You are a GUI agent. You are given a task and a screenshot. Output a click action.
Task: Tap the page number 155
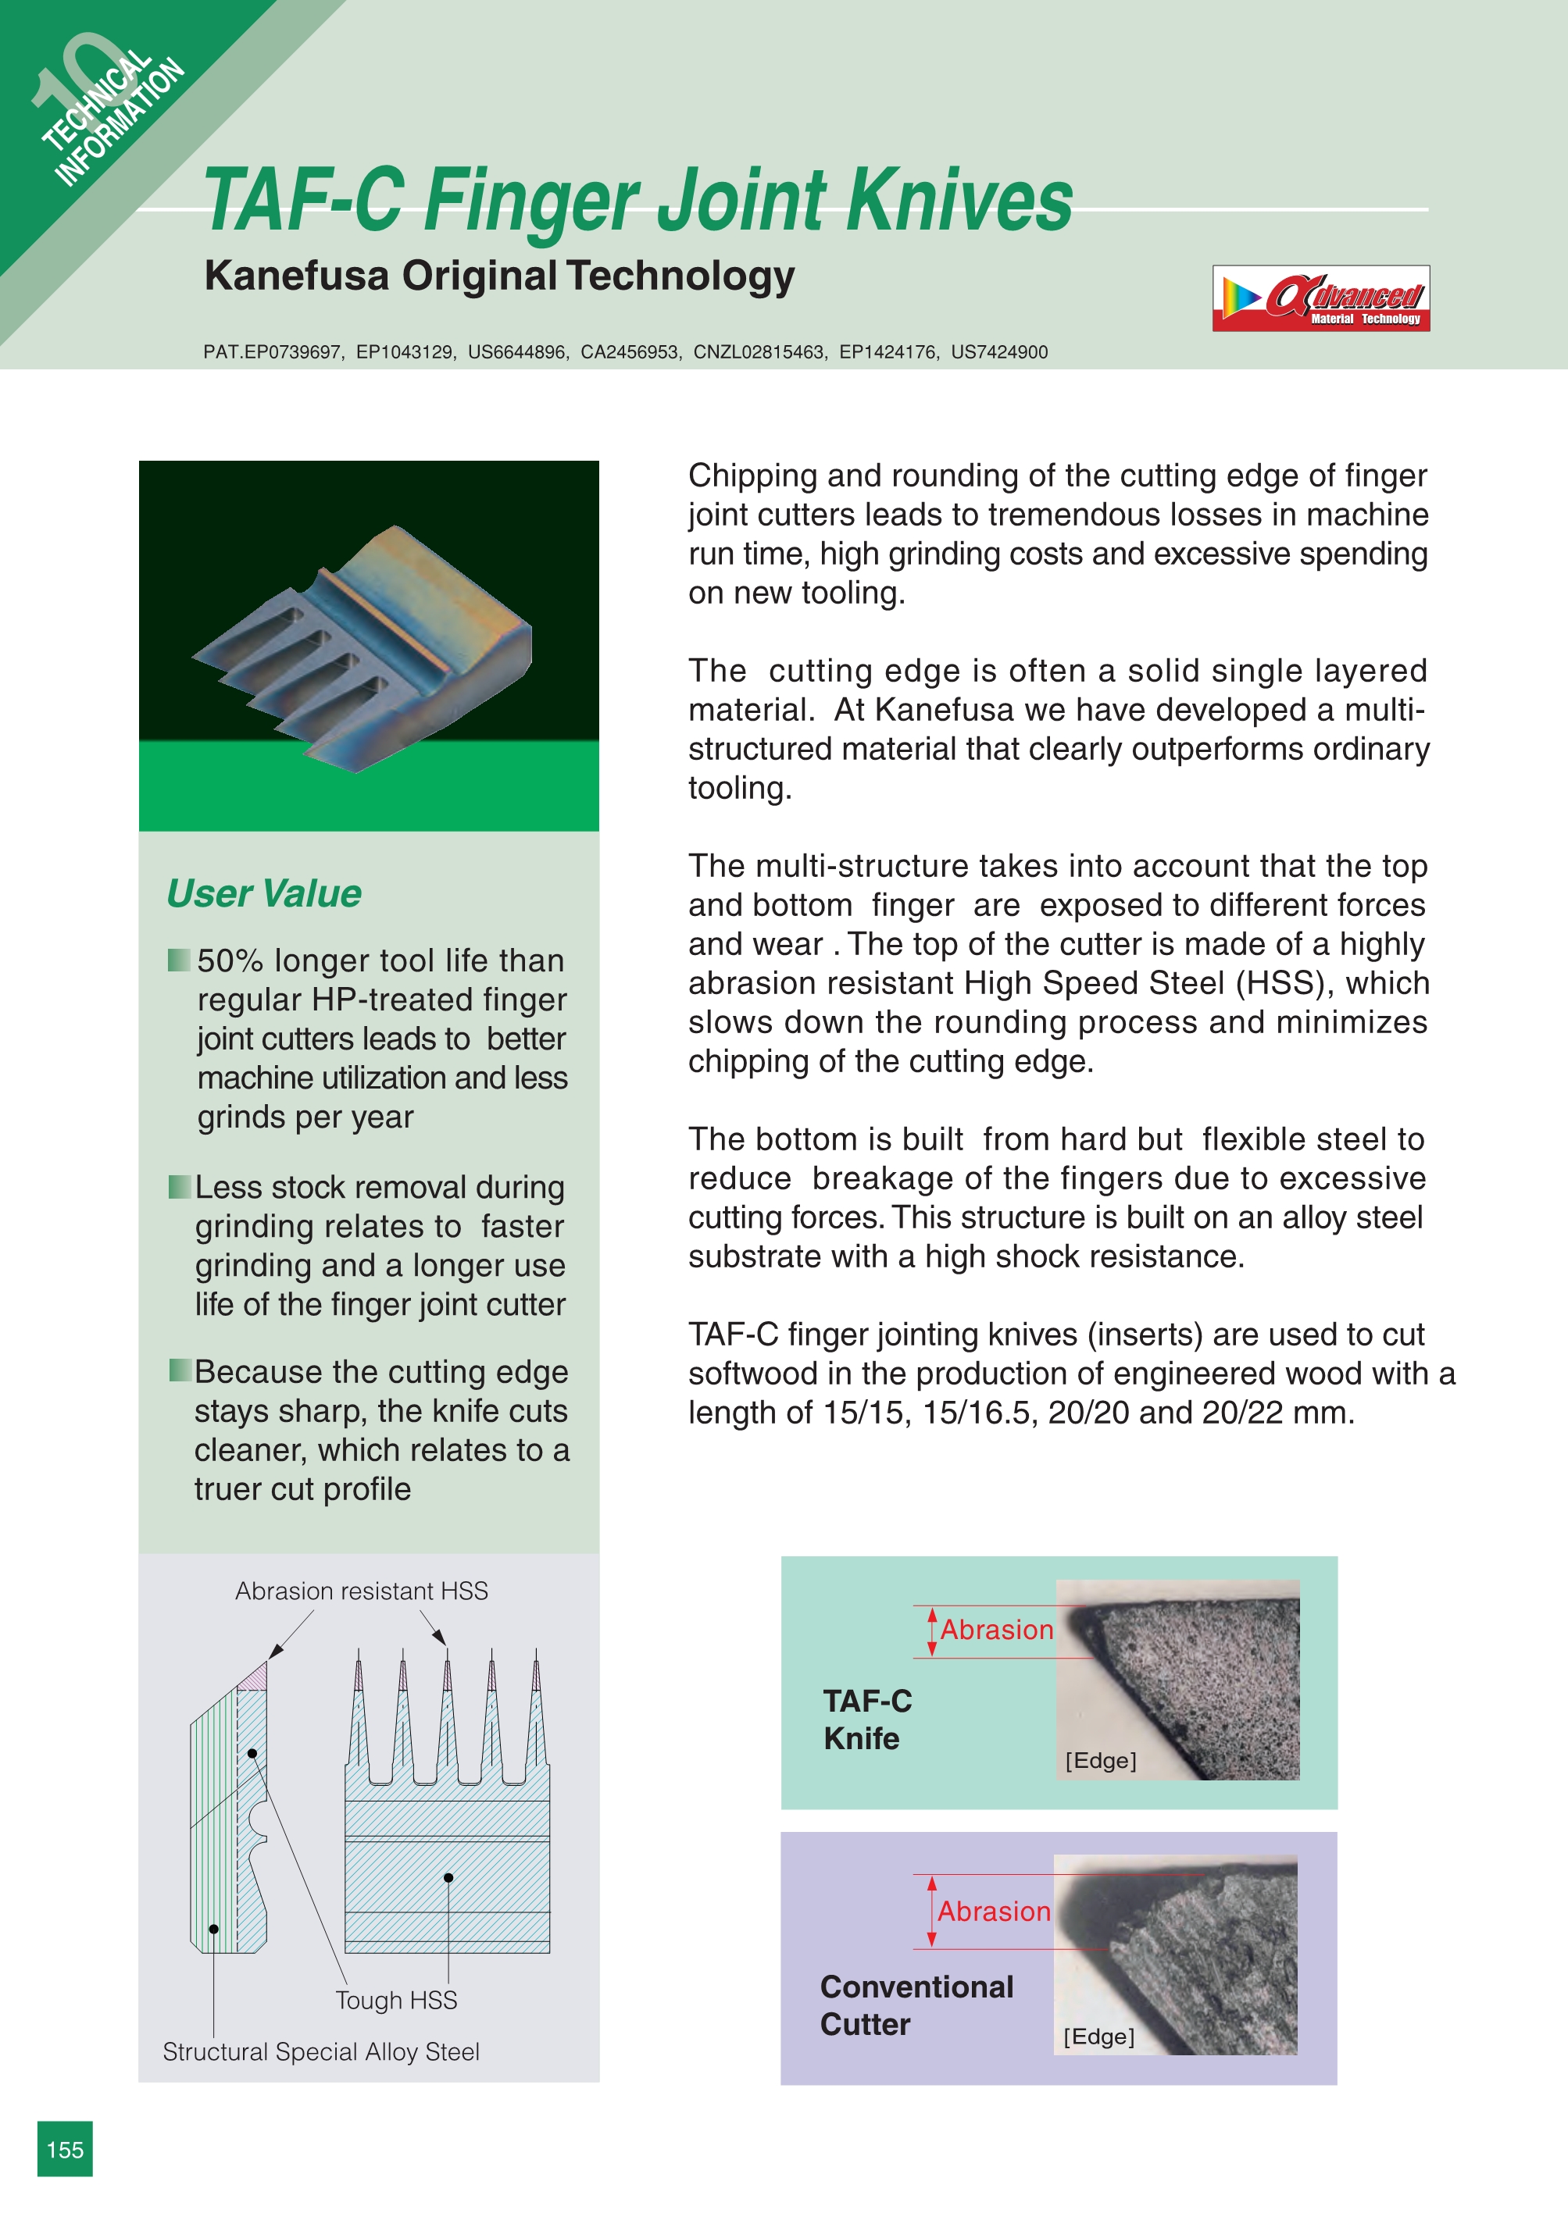[65, 2148]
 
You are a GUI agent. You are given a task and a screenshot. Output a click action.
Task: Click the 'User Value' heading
[263, 893]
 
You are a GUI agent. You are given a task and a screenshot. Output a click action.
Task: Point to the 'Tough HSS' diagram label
[396, 2000]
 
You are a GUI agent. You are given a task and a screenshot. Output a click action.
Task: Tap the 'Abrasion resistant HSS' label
[361, 1591]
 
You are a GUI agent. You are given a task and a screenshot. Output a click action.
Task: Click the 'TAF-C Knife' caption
[866, 1719]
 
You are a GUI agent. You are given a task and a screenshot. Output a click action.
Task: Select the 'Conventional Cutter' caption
[916, 2005]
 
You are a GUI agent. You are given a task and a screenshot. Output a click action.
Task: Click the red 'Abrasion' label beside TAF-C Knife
[996, 1630]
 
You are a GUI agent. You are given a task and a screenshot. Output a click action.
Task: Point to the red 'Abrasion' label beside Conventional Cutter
[994, 1912]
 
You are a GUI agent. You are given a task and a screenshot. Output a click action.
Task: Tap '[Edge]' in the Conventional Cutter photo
[1098, 2037]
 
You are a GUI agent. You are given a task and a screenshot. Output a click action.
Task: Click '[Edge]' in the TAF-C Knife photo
[1101, 1760]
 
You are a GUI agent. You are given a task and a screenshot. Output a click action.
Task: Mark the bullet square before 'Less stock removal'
[179, 1186]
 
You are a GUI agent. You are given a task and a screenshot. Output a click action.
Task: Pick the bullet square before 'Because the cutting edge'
[180, 1370]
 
